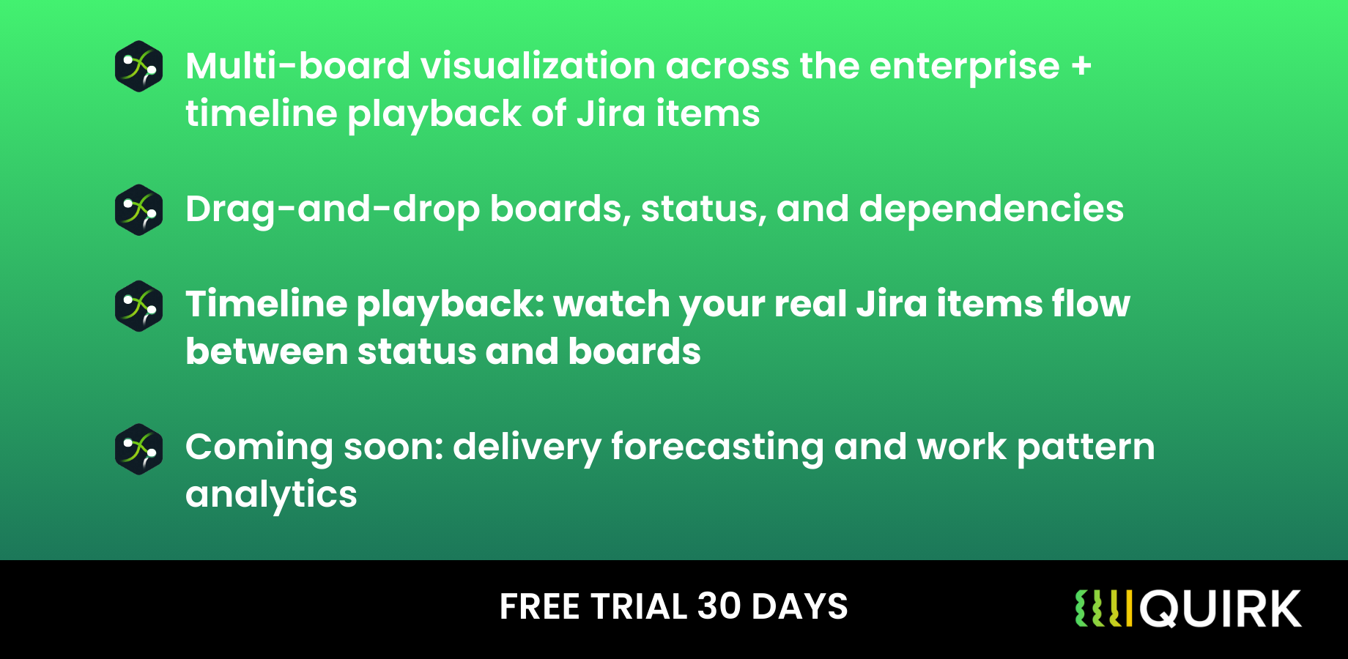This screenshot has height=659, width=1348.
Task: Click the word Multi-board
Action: point(297,66)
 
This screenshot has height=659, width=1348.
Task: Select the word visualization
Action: point(538,66)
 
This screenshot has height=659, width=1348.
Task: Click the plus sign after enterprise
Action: point(1081,66)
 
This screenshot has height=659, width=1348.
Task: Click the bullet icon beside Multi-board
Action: point(138,67)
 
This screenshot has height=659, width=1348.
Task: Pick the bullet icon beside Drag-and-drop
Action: point(138,210)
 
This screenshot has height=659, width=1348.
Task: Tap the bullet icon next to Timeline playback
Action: point(138,305)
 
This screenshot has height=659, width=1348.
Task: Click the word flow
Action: point(1091,304)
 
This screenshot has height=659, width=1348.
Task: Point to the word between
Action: point(267,351)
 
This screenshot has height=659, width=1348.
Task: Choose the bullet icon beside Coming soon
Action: point(138,449)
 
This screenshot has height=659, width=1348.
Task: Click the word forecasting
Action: point(717,447)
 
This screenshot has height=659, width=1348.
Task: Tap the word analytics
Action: point(271,495)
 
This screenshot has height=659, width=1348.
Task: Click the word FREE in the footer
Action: point(539,607)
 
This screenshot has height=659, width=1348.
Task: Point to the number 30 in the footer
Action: point(719,607)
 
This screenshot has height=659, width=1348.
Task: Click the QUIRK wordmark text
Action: point(1221,609)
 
